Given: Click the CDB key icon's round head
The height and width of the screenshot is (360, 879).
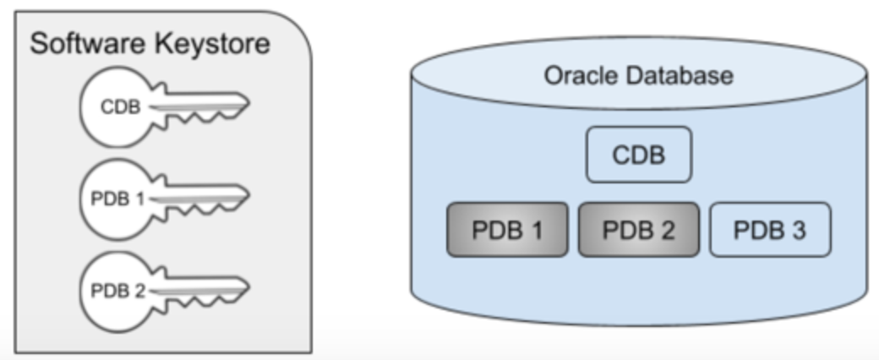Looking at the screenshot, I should (114, 107).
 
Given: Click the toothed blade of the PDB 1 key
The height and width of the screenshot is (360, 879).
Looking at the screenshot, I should (207, 200).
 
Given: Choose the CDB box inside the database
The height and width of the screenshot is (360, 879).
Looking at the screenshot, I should (639, 155).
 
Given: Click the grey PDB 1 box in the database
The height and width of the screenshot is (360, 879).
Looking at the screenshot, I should (507, 229).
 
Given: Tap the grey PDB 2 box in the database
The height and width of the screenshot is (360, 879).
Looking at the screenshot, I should (639, 229).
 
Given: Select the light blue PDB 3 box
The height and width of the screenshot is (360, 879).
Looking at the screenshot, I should (770, 229).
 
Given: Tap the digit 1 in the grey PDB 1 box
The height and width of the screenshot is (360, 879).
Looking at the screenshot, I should (535, 230).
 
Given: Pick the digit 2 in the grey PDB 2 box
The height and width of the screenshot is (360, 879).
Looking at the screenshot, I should (667, 230).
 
